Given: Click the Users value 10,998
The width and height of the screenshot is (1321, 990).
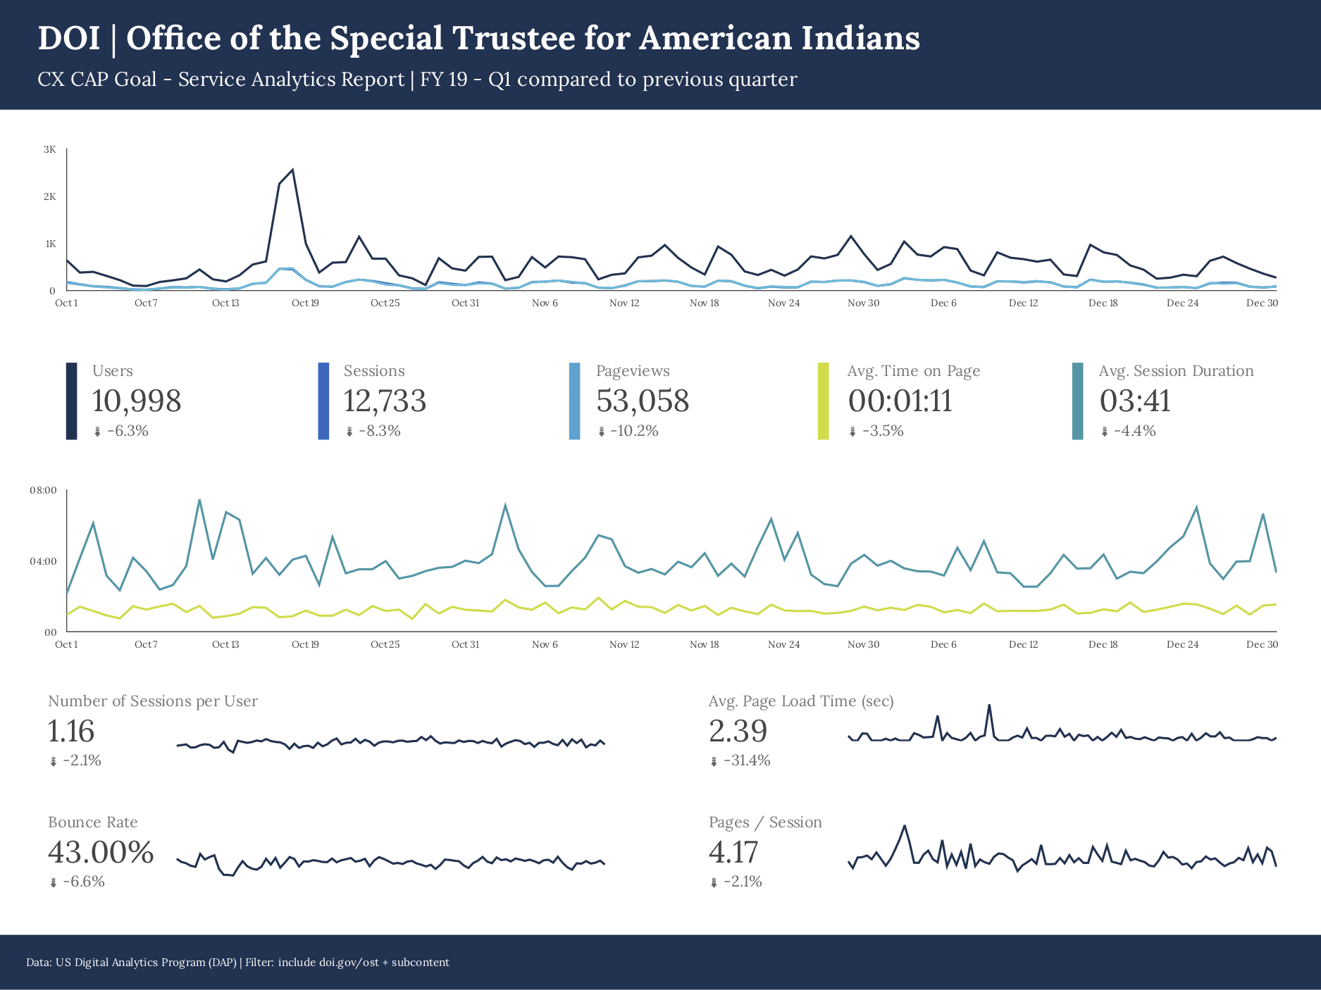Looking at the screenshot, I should (x=137, y=401).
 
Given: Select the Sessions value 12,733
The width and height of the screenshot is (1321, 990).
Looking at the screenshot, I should (x=385, y=401).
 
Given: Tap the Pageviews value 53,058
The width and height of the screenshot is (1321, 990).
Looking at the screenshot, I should (x=643, y=401).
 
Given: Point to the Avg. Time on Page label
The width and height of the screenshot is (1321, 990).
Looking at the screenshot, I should (x=913, y=371).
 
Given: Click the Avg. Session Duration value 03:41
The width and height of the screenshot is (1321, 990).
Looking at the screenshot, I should (x=1135, y=401).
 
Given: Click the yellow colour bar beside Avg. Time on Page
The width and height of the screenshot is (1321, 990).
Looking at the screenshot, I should (x=823, y=401).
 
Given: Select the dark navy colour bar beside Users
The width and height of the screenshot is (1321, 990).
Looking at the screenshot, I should (x=71, y=401).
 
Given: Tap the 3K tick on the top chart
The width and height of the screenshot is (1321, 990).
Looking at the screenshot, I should (x=50, y=149).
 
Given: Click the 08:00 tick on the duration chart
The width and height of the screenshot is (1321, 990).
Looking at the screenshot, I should (x=43, y=490).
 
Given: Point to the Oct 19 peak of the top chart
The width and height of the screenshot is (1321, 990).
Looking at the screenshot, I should (x=292, y=170).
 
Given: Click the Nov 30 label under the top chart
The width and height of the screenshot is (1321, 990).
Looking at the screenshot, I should (x=863, y=303).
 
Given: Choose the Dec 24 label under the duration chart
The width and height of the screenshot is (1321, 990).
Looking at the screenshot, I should (x=1182, y=644).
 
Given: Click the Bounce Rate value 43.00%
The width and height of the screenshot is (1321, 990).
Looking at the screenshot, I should (x=101, y=852).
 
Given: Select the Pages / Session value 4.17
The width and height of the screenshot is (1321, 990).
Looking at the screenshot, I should (x=733, y=852).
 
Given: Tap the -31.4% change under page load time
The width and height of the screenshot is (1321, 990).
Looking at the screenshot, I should (x=747, y=760).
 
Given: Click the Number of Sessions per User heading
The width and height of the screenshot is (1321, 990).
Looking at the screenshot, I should (x=153, y=701).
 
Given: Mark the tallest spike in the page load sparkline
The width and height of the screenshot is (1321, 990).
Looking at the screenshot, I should (x=989, y=705).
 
